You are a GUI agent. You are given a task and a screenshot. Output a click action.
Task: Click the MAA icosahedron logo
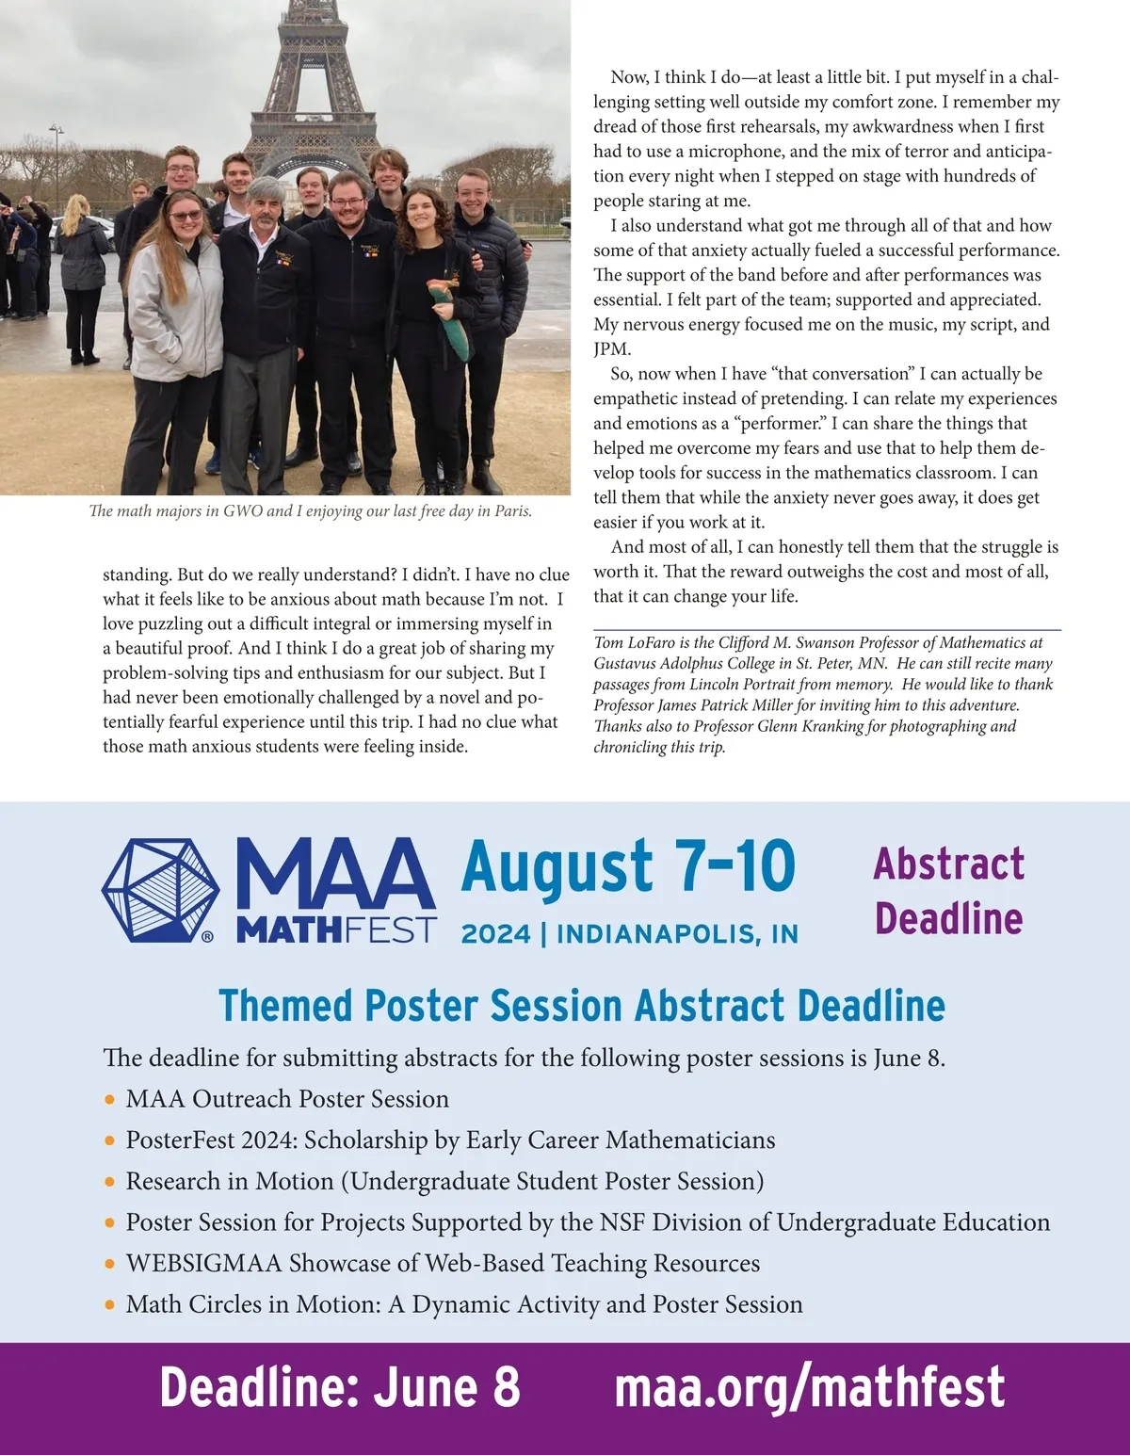click(161, 891)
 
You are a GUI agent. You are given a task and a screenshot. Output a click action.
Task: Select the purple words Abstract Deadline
click(948, 891)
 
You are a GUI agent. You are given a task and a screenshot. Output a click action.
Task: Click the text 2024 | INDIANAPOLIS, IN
click(629, 934)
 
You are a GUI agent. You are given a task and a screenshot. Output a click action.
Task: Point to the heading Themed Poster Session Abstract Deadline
click(581, 1006)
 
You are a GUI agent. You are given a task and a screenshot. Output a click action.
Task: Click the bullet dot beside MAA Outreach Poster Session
click(111, 1100)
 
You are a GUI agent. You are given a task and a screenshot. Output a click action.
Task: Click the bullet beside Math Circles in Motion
click(111, 1305)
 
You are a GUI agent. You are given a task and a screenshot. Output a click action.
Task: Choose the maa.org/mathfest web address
click(809, 1387)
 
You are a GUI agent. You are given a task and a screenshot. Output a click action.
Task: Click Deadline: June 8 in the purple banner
click(339, 1387)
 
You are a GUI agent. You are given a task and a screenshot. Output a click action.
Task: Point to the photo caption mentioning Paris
click(311, 511)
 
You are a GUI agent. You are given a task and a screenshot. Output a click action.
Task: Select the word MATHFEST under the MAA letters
click(336, 930)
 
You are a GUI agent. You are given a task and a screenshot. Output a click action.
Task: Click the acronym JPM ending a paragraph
click(611, 349)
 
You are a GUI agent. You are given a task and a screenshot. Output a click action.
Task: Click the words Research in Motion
click(230, 1182)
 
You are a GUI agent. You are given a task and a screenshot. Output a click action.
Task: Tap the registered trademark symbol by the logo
click(207, 936)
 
